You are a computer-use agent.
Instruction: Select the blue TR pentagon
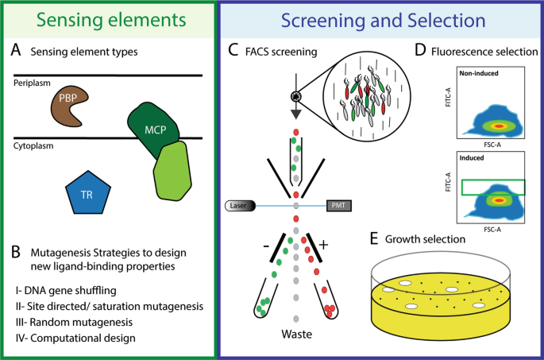pyautogui.click(x=88, y=192)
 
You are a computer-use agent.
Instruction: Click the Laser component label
pyautogui.click(x=240, y=206)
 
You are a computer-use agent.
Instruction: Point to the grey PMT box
pyautogui.click(x=339, y=206)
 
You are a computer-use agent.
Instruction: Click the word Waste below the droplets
pyautogui.click(x=297, y=334)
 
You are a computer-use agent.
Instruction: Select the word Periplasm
pyautogui.click(x=32, y=83)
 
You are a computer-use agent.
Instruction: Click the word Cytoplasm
pyautogui.click(x=33, y=145)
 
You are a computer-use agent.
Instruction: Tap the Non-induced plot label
pyautogui.click(x=479, y=73)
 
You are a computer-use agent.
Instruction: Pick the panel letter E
pyautogui.click(x=374, y=239)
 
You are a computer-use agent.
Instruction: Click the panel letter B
pyautogui.click(x=16, y=253)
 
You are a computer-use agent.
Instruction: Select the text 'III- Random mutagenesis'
pyautogui.click(x=74, y=322)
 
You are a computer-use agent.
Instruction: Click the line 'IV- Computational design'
pyautogui.click(x=75, y=338)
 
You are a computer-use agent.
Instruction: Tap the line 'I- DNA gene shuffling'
pyautogui.click(x=66, y=290)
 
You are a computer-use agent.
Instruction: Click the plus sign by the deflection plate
pyautogui.click(x=323, y=245)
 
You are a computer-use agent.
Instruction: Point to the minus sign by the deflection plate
pyautogui.click(x=266, y=246)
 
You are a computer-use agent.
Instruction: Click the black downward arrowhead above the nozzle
pyautogui.click(x=296, y=114)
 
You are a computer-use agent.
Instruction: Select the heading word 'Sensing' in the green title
pyautogui.click(x=70, y=20)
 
